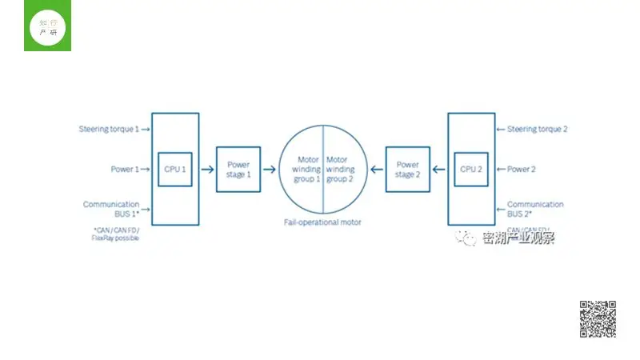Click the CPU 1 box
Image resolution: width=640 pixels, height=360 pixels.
174,169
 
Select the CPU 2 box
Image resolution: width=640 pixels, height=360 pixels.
470,169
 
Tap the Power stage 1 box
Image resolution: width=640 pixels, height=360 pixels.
238,169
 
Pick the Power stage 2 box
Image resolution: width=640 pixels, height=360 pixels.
407,169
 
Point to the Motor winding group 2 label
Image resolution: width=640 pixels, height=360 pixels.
341,169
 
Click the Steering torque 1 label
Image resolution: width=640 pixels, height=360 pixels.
109,129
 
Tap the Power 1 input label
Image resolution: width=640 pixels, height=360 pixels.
125,169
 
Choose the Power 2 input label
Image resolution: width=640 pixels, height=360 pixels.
522,169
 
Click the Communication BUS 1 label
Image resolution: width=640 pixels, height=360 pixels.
111,210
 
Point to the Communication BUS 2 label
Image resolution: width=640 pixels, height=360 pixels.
535,210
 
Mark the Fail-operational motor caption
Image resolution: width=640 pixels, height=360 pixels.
322,221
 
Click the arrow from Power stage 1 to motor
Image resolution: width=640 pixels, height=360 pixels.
270,169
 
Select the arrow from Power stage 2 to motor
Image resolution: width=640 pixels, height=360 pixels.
375,169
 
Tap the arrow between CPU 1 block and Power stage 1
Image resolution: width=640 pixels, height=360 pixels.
207,169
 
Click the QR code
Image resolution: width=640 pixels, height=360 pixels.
598,319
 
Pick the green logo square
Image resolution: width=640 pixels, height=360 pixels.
47,26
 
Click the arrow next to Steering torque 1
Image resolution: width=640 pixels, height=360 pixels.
146,129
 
